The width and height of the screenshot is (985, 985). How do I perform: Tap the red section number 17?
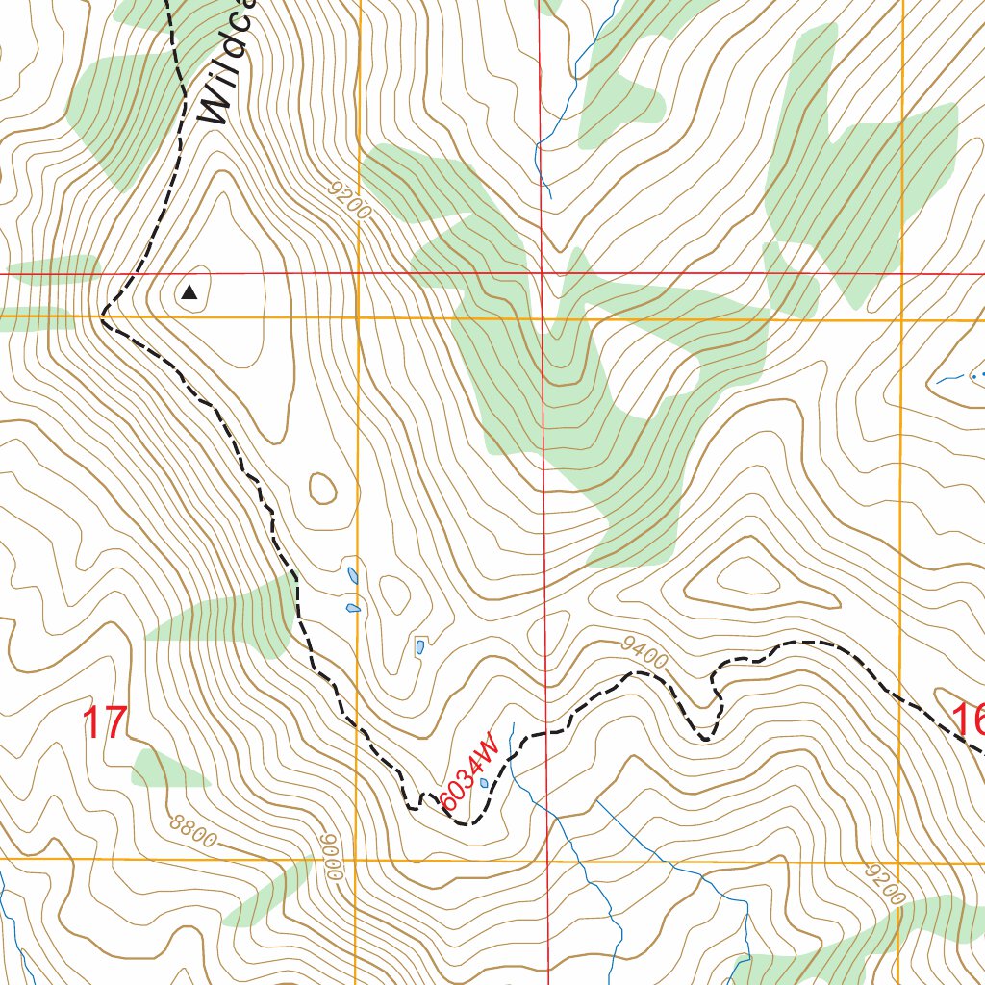pos(105,722)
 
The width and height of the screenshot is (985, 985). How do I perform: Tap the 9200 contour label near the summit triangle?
pos(349,199)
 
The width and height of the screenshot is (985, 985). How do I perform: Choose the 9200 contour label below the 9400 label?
pos(885,883)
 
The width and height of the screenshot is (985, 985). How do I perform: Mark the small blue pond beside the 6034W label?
pos(483,783)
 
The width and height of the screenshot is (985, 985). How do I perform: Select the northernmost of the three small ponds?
pos(353,577)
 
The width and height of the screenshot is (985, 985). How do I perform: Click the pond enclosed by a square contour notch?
pos(420,646)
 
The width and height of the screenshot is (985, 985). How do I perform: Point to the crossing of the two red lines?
pos(542,273)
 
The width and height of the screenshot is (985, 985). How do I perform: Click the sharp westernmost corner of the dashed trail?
pos(102,315)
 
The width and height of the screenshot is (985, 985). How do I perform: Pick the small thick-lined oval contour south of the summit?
pos(323,488)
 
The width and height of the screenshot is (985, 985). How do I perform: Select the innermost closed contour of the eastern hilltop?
pos(746,576)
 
